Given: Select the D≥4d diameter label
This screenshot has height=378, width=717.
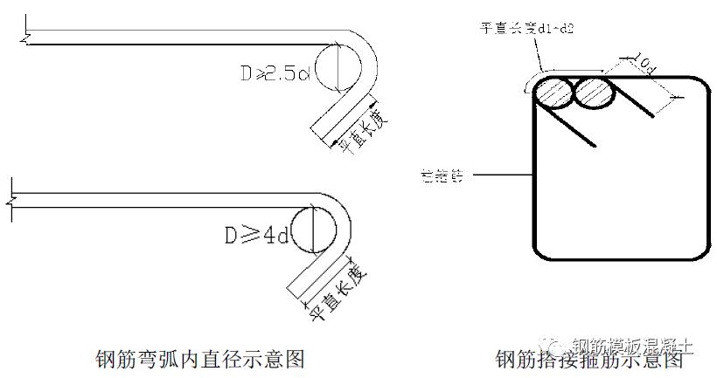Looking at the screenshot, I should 256,235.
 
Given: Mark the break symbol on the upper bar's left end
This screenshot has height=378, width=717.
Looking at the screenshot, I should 27,37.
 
